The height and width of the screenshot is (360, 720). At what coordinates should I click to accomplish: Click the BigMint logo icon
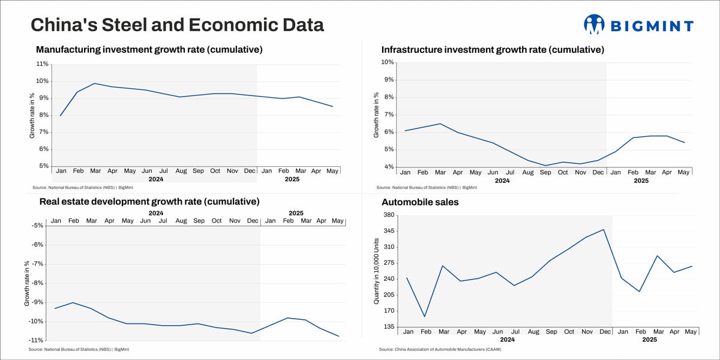(594, 25)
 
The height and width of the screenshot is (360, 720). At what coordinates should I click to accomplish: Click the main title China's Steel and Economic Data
(177, 25)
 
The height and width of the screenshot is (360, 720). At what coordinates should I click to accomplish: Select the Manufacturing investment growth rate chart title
(149, 49)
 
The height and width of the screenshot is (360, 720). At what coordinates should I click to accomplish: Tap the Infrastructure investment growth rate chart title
(493, 49)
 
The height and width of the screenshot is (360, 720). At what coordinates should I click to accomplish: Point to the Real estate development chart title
(149, 201)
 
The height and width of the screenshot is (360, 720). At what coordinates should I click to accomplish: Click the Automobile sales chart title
(420, 202)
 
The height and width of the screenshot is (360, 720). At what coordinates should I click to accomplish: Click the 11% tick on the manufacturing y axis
(42, 64)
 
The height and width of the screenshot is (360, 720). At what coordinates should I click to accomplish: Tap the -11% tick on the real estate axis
(36, 340)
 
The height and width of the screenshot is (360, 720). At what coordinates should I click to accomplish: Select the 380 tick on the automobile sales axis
(388, 215)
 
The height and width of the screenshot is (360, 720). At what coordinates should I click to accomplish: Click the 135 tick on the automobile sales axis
(388, 327)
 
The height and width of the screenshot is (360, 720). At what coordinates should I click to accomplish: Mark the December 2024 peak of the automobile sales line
(604, 229)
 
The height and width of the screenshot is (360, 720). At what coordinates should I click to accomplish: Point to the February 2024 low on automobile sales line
(425, 317)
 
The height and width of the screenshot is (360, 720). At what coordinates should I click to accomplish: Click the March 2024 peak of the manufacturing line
(95, 83)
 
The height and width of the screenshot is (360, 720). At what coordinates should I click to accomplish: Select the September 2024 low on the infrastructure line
(545, 166)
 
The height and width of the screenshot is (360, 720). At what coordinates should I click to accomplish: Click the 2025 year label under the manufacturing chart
(292, 179)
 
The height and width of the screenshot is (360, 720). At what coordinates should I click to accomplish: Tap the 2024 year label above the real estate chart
(156, 213)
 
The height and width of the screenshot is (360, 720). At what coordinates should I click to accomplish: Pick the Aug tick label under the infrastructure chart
(527, 172)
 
